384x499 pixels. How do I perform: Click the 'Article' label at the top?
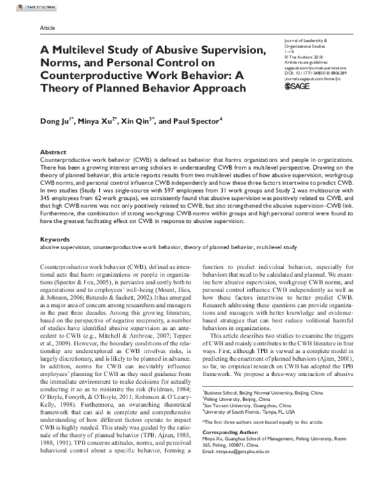[x=47, y=29]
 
